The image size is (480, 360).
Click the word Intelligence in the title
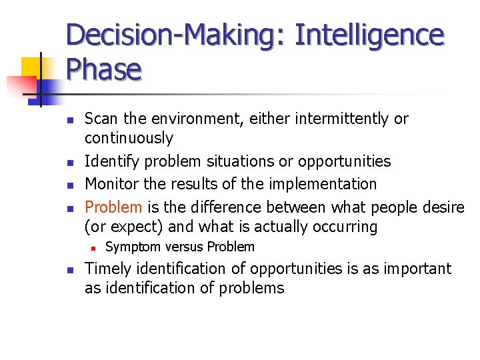[368, 35]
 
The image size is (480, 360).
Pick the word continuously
[129, 139]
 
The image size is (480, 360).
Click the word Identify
[111, 161]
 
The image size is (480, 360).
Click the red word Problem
[113, 207]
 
